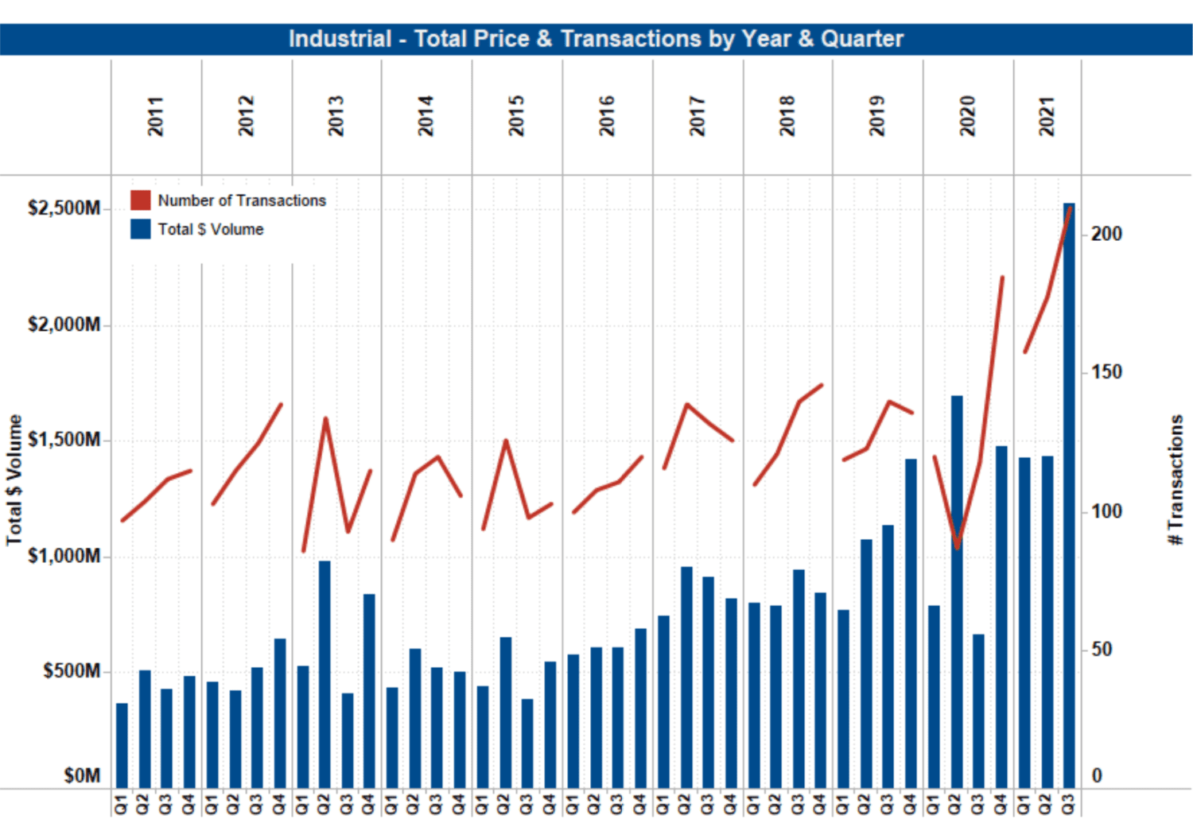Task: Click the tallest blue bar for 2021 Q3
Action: pyautogui.click(x=1068, y=493)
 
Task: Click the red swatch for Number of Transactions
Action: pyautogui.click(x=141, y=200)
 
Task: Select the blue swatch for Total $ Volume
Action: pyautogui.click(x=141, y=229)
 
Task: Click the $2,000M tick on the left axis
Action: pyautogui.click(x=64, y=324)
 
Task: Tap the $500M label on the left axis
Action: pyautogui.click(x=72, y=671)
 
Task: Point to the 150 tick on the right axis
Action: pyautogui.click(x=1106, y=372)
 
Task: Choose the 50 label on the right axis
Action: pyautogui.click(x=1102, y=650)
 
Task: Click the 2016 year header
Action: pyautogui.click(x=607, y=116)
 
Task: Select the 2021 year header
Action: pyautogui.click(x=1047, y=116)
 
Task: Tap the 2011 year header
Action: pyautogui.click(x=156, y=116)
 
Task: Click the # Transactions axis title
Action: pyautogui.click(x=1176, y=480)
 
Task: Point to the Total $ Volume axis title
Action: pyautogui.click(x=14, y=480)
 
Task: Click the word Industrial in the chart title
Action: pyautogui.click(x=340, y=39)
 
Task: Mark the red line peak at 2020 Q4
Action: pyautogui.click(x=1002, y=278)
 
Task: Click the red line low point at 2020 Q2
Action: pyautogui.click(x=957, y=547)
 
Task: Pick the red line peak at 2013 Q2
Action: pyautogui.click(x=325, y=418)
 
